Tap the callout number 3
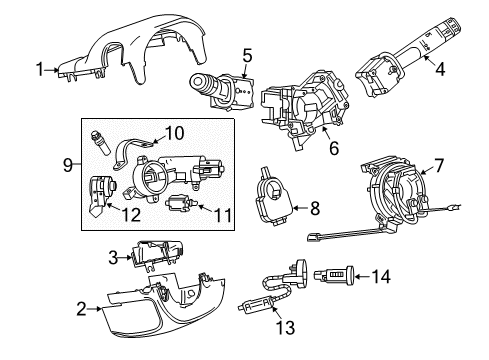point(114,257)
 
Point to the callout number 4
point(439,70)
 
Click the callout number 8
point(314,208)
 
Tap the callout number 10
point(174,132)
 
